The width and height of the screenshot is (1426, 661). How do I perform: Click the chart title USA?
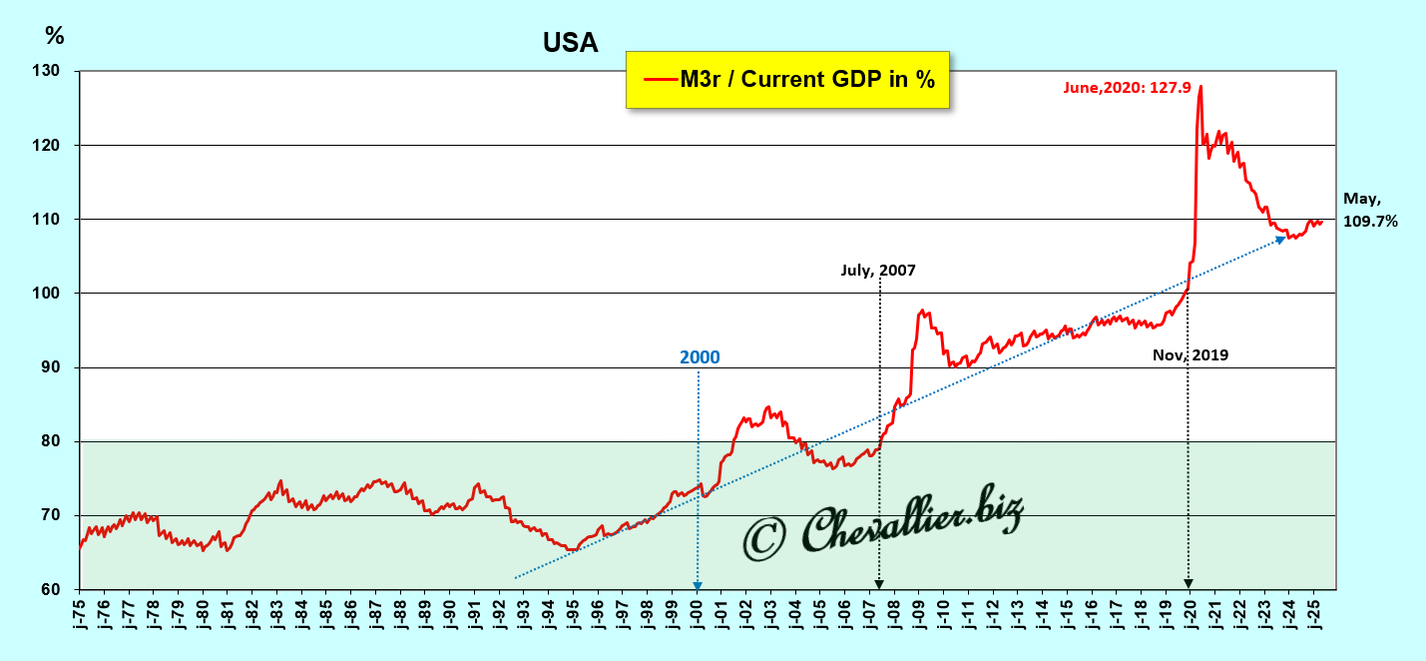[570, 43]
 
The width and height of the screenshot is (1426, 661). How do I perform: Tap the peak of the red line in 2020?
[1199, 87]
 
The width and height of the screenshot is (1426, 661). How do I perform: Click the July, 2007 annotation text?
[877, 270]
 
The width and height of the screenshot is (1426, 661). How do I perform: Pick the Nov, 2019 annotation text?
[1189, 354]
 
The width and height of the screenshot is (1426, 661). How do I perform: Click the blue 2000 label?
[699, 357]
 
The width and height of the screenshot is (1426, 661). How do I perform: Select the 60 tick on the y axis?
[49, 590]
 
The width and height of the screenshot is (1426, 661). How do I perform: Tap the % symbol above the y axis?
[55, 36]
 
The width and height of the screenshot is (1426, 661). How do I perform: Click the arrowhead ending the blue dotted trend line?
[1280, 240]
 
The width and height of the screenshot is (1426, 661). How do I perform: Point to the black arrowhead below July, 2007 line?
[879, 584]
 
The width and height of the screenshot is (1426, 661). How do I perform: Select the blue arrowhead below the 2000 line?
[698, 585]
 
